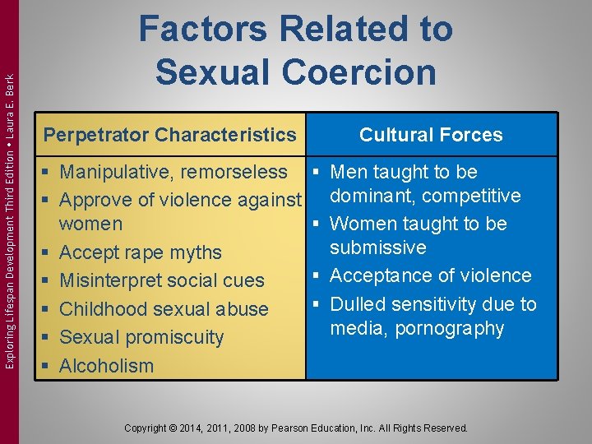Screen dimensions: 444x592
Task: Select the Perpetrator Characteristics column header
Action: [x=169, y=134]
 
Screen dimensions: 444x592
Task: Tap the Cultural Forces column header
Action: [x=431, y=135]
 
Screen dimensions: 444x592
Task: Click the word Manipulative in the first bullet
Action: [x=119, y=172]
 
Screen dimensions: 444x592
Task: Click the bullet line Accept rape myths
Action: [x=141, y=252]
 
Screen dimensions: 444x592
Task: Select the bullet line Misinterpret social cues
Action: [x=162, y=280]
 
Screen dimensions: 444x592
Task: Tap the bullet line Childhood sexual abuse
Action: [x=164, y=309]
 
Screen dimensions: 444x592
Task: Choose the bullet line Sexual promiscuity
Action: [x=141, y=337]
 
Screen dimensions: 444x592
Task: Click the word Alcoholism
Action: [x=107, y=366]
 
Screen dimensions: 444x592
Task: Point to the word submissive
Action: [x=377, y=247]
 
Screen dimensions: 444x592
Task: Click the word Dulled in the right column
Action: [x=358, y=304]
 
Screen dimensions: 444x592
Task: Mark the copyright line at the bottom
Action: [x=295, y=428]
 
